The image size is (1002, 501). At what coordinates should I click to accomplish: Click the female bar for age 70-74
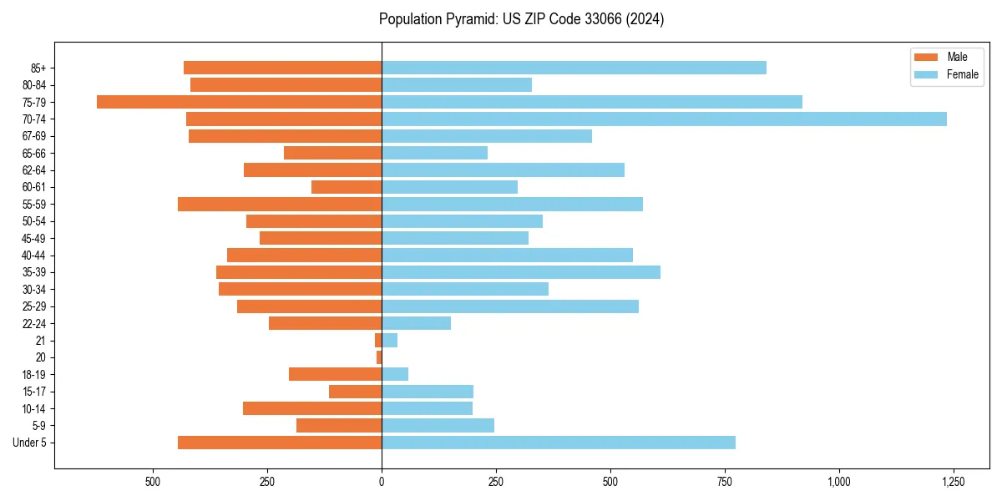pos(664,119)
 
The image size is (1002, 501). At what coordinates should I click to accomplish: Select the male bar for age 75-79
pos(239,102)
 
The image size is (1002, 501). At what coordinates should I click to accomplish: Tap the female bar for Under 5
pos(559,443)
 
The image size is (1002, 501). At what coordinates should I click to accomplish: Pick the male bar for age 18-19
pos(335,374)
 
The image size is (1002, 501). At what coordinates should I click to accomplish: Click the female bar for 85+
pos(574,68)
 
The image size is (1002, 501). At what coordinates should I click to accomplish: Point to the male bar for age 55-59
pos(280,205)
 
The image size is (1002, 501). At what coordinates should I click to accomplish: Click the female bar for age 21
pos(389,341)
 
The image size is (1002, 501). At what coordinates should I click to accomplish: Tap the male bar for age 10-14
pos(312,408)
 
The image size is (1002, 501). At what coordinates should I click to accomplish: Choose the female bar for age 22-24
pos(416,323)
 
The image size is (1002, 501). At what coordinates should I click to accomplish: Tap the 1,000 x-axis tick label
pos(839,482)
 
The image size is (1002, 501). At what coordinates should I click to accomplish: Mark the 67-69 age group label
pos(33,136)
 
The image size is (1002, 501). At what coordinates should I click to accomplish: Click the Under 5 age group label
pos(30,443)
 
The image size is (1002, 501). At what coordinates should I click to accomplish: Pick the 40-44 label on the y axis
pos(33,256)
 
